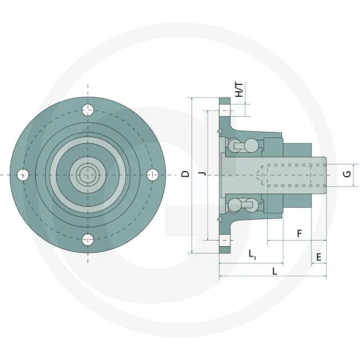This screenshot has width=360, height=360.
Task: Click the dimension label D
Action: point(185,174)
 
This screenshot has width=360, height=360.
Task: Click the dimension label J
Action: point(203,174)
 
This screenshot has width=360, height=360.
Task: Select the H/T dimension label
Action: point(239,90)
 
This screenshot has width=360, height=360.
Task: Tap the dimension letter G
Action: point(347,174)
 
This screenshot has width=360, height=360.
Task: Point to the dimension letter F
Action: point(299,234)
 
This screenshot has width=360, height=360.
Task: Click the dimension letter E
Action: point(319,257)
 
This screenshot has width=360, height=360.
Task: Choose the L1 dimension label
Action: point(252,255)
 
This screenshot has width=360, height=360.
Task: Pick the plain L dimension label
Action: point(274,271)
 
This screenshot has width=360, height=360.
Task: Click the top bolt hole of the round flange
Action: point(88,109)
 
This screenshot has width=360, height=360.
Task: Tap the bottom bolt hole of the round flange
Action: point(88,239)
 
